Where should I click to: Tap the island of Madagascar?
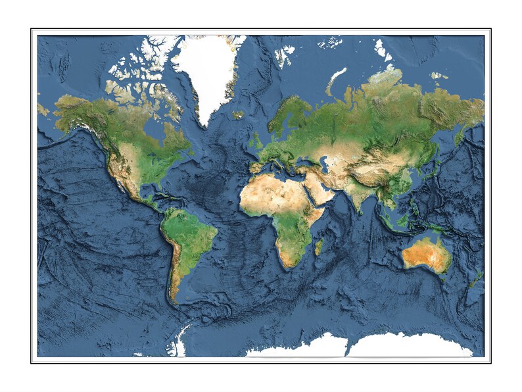coord(320,247)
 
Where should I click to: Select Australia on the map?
coord(426,253)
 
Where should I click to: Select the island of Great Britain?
coord(257,140)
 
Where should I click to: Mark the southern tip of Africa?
coord(287,266)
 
